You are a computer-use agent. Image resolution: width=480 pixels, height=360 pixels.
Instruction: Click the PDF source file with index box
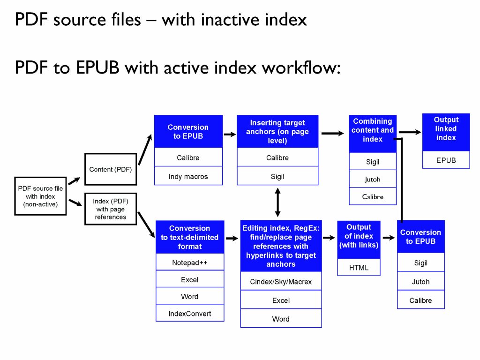click(x=40, y=196)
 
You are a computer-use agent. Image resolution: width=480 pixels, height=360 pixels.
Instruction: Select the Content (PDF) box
click(x=111, y=169)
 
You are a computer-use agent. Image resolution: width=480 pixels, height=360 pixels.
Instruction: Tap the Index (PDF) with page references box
click(x=111, y=209)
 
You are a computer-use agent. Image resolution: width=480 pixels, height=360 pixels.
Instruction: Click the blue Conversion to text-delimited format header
click(x=190, y=237)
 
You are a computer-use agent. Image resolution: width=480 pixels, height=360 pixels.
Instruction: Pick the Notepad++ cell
click(x=190, y=263)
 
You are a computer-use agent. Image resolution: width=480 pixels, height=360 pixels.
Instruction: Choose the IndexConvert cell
click(x=190, y=313)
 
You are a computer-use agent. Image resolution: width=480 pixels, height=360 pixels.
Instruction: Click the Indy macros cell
click(x=188, y=177)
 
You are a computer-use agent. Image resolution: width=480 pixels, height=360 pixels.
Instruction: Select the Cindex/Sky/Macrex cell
click(x=281, y=282)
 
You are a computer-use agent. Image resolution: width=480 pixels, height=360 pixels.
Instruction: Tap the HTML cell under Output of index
click(x=359, y=268)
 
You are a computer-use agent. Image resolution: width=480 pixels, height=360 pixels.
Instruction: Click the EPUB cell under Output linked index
click(x=446, y=160)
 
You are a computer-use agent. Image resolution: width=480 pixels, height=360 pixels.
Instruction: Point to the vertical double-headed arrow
click(x=277, y=202)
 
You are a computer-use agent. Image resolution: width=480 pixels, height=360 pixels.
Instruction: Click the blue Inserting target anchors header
click(x=277, y=131)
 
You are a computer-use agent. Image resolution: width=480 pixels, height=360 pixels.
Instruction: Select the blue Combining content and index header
click(x=373, y=130)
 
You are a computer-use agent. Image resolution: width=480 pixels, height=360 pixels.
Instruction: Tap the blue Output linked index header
click(x=446, y=129)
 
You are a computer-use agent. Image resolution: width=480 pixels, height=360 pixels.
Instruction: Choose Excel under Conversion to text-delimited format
click(x=190, y=280)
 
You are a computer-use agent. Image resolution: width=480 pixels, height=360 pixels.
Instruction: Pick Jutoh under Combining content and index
click(x=373, y=180)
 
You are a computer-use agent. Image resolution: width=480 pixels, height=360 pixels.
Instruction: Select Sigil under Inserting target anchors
click(x=277, y=177)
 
